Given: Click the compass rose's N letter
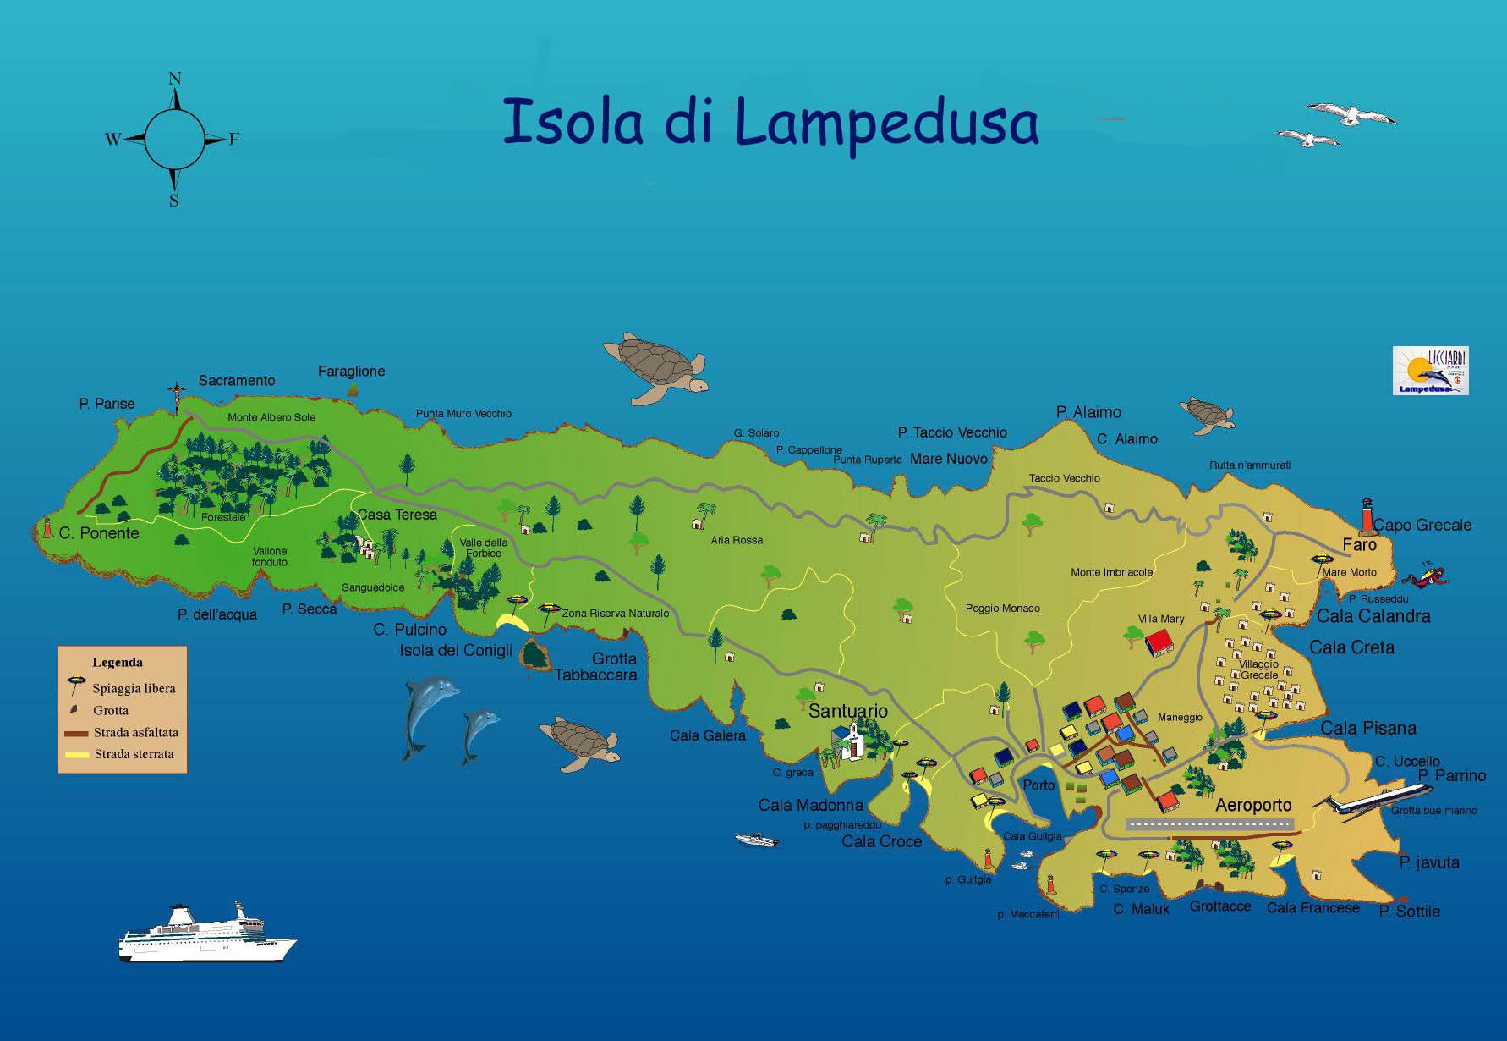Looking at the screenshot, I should pos(175,79).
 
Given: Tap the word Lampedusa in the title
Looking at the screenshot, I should pos(885,124).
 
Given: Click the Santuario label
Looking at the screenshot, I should pos(847,711).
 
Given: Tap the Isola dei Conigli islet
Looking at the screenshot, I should pos(533,653).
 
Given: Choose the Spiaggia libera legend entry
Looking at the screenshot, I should pos(134,688).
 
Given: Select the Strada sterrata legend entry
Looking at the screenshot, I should pos(134,754).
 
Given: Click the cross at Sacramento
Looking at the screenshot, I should pos(177,395).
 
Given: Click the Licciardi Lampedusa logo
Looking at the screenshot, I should pos(1430,371).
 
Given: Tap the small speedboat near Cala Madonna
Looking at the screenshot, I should pos(757,840).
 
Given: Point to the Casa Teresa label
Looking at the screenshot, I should pos(397,515).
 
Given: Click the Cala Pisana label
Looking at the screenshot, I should pos(1367,728).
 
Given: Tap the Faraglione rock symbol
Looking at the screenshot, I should pos(353,388).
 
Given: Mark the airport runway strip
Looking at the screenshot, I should pos(1209,823).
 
